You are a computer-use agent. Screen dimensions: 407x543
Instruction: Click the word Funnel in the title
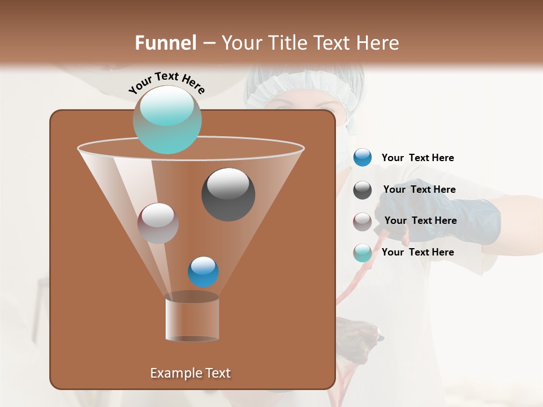coord(166,43)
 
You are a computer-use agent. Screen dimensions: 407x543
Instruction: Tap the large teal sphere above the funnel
coord(167,119)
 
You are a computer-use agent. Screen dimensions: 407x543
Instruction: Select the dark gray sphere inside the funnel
coord(228,194)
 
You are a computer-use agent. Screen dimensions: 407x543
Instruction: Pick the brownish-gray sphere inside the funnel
coord(158,223)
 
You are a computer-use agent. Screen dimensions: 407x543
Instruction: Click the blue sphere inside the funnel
coord(203,271)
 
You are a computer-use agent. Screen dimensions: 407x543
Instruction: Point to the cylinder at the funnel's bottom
coord(192,319)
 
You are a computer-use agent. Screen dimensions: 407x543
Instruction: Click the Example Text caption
coord(190,373)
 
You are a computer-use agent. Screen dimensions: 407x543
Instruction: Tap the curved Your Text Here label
coord(166,83)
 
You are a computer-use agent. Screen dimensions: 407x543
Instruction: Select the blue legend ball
coord(362,158)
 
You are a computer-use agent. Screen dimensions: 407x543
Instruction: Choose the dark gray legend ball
coord(362,189)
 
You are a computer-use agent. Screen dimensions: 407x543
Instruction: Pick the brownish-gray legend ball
coord(362,221)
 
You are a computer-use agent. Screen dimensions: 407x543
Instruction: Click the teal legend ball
coord(362,253)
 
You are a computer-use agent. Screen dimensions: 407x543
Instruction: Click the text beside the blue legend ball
coord(417,158)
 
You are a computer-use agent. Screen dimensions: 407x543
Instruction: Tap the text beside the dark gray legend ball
coord(419,189)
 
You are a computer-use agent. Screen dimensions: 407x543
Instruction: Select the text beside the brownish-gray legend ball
coord(420,220)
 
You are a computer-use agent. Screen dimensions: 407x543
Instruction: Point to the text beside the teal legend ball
coord(417,252)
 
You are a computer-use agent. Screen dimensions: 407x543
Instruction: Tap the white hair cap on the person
coord(305,85)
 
